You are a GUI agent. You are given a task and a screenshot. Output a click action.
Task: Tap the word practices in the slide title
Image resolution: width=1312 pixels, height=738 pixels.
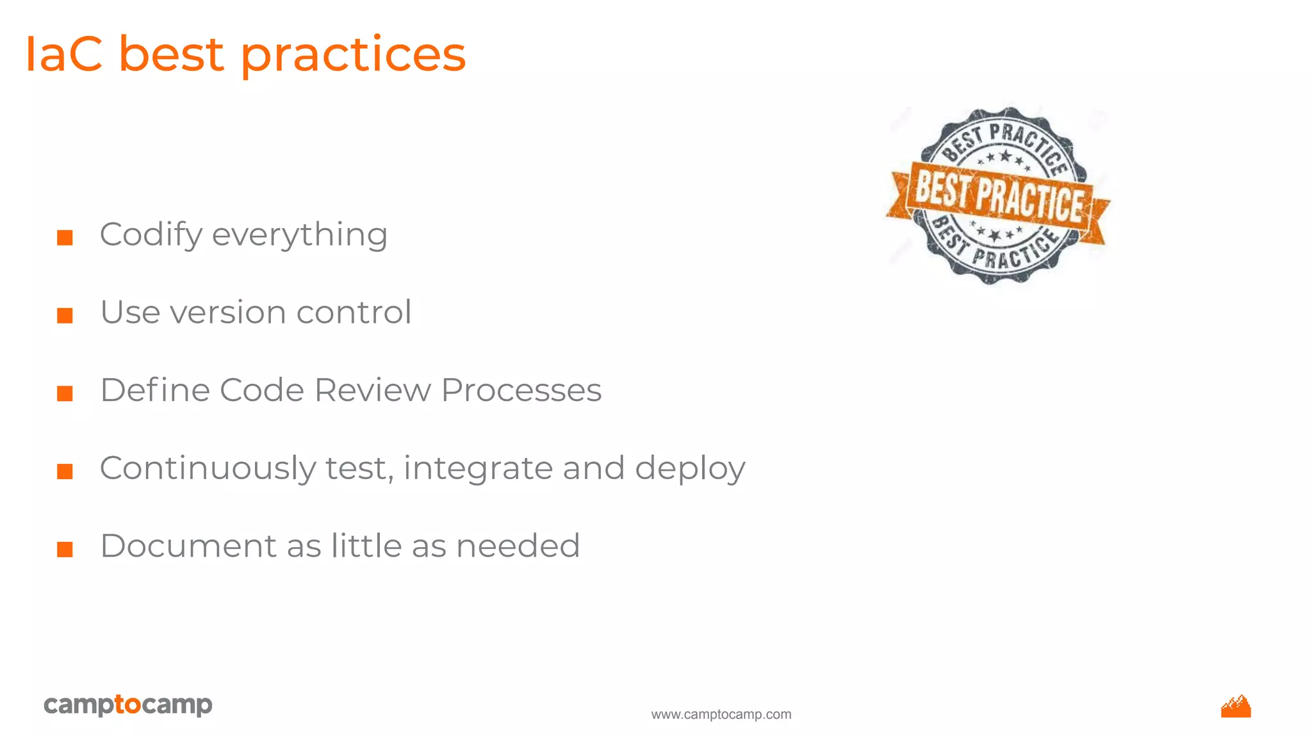[353, 56]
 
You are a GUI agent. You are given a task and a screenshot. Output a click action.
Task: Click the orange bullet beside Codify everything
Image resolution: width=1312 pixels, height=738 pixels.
[65, 238]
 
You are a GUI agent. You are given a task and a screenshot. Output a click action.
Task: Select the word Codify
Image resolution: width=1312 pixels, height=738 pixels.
[151, 235]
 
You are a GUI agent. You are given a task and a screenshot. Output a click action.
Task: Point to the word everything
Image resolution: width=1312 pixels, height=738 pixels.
[299, 235]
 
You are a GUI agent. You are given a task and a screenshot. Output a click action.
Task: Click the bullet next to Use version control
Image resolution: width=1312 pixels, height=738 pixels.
[65, 315]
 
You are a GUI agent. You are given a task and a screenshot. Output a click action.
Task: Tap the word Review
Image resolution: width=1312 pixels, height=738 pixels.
[372, 390]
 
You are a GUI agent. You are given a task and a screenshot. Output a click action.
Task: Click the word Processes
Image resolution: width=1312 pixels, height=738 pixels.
[521, 390]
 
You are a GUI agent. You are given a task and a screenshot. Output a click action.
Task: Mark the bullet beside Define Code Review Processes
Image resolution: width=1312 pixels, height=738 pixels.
[65, 393]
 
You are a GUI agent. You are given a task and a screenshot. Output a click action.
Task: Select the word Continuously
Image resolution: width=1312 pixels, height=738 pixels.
[207, 468]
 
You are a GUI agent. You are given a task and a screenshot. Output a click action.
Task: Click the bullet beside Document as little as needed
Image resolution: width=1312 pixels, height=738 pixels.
[65, 549]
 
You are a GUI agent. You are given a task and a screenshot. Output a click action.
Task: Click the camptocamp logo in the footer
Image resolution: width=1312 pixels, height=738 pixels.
[127, 705]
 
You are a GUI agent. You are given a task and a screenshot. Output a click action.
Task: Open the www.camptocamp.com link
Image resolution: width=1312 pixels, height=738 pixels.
[721, 714]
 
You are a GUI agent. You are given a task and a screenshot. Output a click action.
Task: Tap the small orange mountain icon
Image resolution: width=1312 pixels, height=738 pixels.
[1236, 707]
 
